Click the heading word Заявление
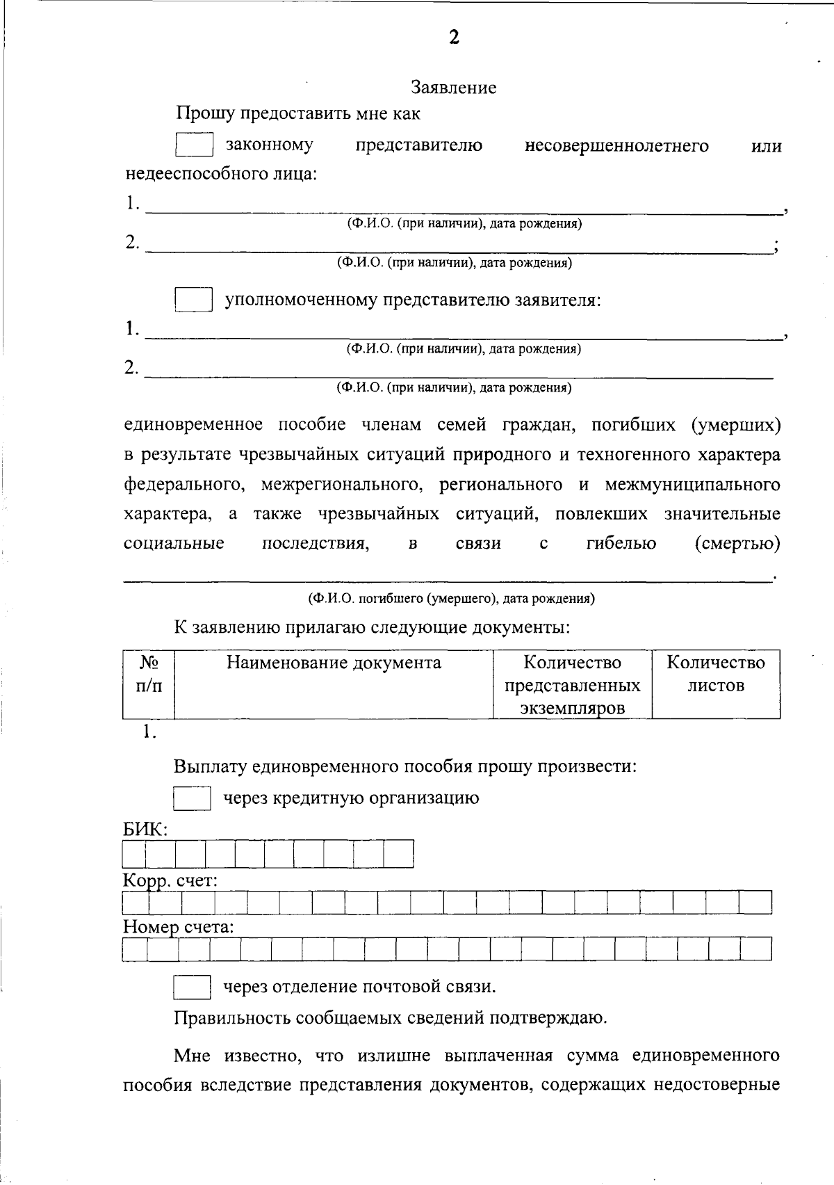click(453, 88)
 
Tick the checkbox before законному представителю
click(194, 145)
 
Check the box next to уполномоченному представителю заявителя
click(193, 300)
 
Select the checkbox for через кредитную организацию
click(192, 798)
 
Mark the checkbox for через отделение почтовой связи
click(192, 986)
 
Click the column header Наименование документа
click(334, 662)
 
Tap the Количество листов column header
click(716, 673)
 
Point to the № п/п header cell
click(149, 673)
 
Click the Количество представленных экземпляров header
click(572, 684)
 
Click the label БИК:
click(145, 830)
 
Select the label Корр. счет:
click(170, 880)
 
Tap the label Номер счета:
click(178, 927)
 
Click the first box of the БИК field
click(135, 853)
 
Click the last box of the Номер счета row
click(756, 949)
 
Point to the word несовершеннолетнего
click(616, 145)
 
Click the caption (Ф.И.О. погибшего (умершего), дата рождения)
click(451, 598)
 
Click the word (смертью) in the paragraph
click(737, 543)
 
